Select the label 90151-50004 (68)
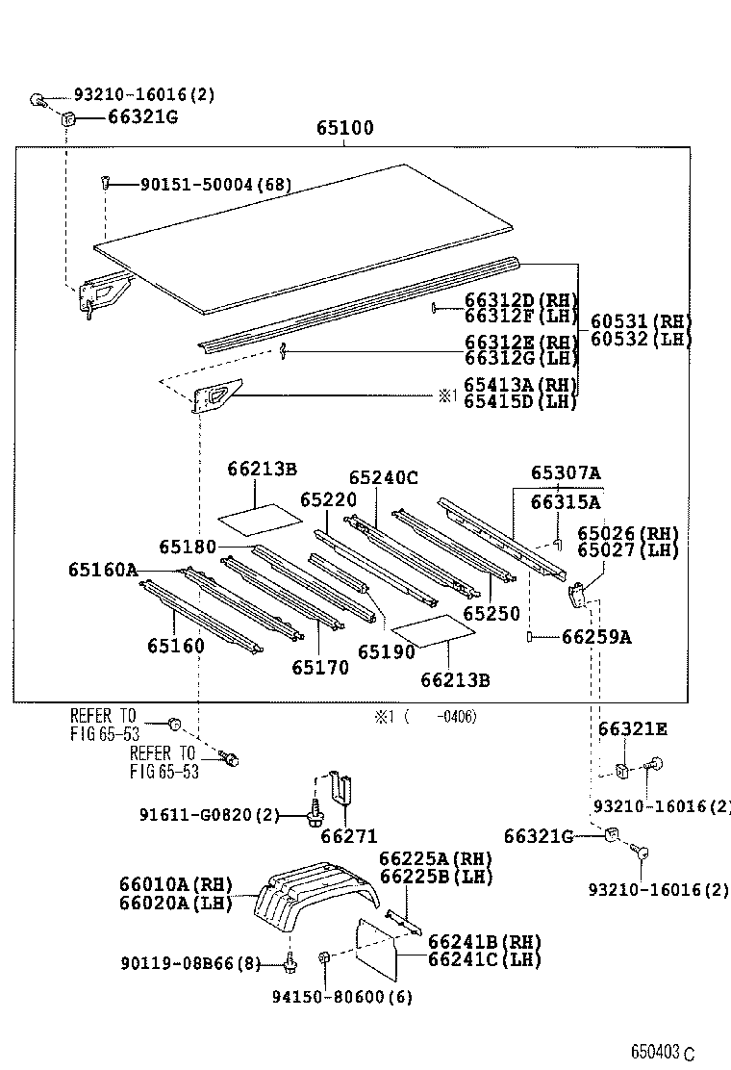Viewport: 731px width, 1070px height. (x=202, y=184)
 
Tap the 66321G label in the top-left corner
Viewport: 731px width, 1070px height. (x=142, y=117)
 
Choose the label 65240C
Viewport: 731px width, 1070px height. (x=383, y=477)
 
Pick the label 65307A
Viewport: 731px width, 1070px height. (x=566, y=473)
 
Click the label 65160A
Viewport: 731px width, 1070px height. (x=102, y=570)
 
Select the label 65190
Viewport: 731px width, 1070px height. (x=386, y=651)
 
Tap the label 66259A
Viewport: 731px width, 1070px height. (x=596, y=637)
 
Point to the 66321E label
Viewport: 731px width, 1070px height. (x=632, y=729)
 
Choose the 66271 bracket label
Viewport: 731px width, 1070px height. (x=348, y=836)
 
